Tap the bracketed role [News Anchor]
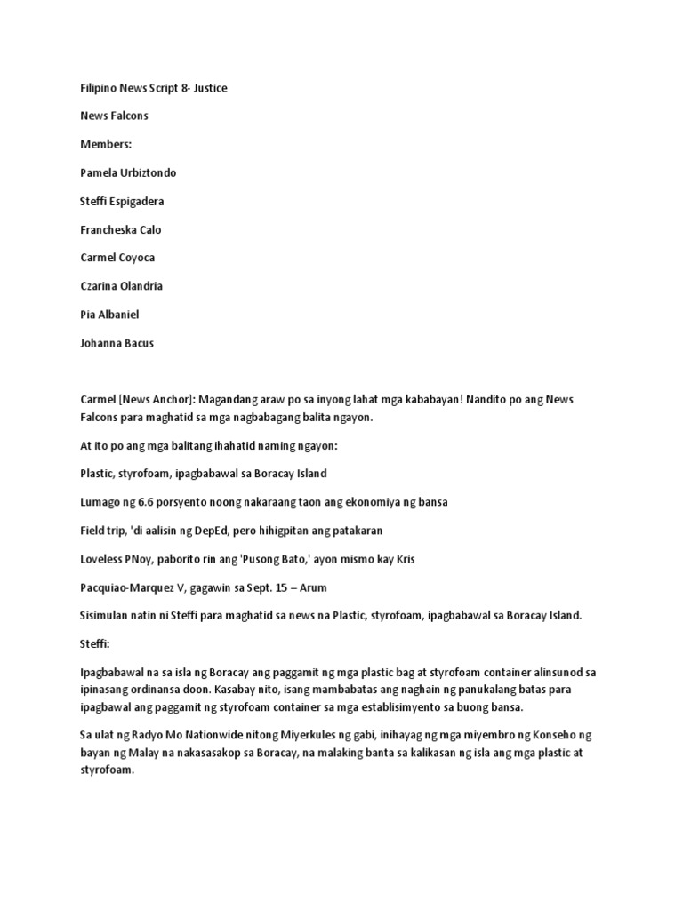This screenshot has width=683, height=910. click(157, 401)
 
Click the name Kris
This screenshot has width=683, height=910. click(401, 559)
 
